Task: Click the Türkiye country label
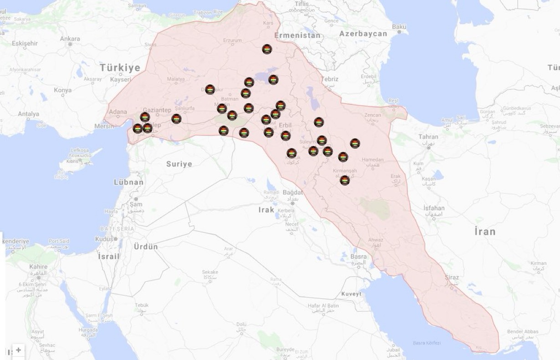[x=120, y=68]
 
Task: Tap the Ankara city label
[x=70, y=39]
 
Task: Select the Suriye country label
[x=179, y=164]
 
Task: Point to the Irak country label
[x=266, y=209]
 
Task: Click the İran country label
[x=484, y=231]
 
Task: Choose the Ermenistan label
[x=297, y=35]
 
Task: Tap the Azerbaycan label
[x=363, y=34]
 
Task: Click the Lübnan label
[x=128, y=182]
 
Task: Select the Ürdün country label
[x=146, y=247]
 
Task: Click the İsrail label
[x=108, y=256]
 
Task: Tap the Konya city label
[x=62, y=90]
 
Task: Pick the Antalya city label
[x=29, y=114]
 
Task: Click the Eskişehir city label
[x=25, y=43]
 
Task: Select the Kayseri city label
[x=121, y=80]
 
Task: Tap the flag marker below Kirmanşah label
[x=345, y=180]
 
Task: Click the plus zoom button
[x=18, y=350]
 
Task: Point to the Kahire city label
[x=38, y=266]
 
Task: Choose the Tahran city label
[x=428, y=137]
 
